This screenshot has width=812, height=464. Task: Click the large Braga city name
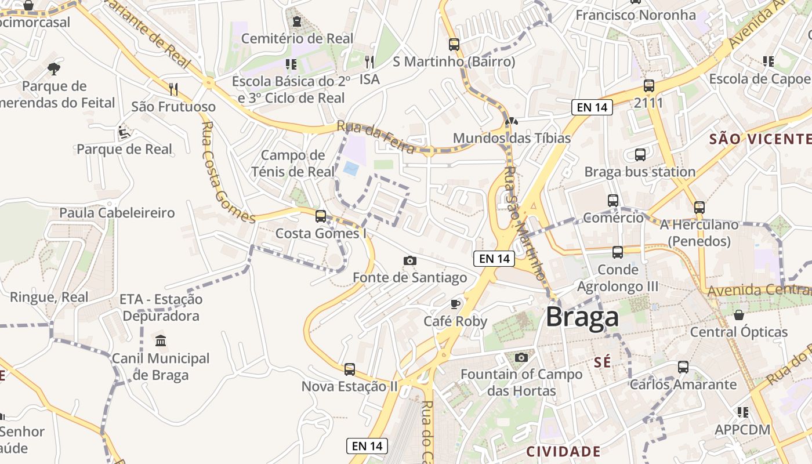582,317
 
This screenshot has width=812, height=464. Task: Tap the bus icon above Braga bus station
640,155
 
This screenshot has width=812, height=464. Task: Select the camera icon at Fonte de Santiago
410,260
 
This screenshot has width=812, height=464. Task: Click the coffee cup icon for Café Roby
455,304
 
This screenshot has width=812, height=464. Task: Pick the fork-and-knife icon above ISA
369,61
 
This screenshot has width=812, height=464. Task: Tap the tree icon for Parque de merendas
54,69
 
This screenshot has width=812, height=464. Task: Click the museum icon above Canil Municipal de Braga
161,340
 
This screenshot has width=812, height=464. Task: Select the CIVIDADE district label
563,451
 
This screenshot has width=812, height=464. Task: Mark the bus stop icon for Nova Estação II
349,369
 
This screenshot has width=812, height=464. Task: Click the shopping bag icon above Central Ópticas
739,315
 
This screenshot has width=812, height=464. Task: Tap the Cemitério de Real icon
297,22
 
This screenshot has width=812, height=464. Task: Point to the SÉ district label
603,362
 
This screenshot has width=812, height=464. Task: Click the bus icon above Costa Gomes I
321,216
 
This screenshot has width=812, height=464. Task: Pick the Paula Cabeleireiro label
117,213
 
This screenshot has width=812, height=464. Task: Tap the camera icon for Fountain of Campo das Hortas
521,357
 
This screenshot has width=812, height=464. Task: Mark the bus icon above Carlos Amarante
683,367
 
